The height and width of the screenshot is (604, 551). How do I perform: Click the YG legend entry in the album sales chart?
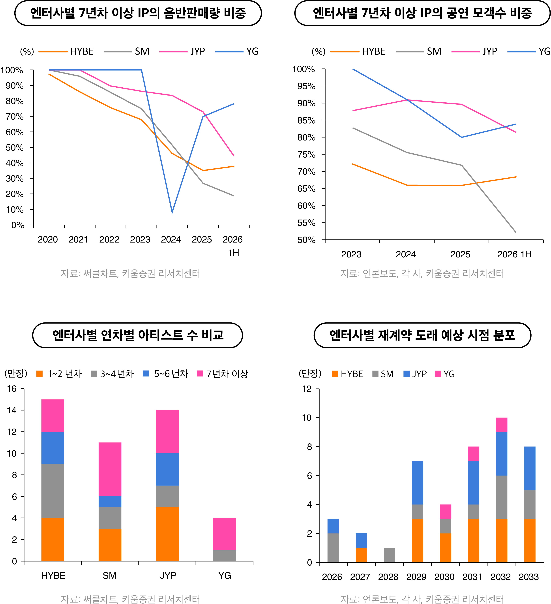point(237,52)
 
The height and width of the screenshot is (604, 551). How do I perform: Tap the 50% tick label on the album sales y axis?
point(14,148)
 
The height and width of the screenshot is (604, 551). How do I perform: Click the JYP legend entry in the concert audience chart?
point(474,52)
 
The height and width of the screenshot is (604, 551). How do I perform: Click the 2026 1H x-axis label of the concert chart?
point(514,254)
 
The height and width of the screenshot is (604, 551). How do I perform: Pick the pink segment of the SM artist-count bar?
point(110,469)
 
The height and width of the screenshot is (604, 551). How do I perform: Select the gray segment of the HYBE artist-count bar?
point(53,491)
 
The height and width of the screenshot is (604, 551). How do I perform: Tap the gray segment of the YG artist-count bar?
point(224,556)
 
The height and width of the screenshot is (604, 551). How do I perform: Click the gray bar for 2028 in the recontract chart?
point(389,555)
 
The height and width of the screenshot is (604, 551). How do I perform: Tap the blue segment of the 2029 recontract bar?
point(417,483)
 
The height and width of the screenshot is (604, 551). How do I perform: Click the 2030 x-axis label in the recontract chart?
point(444,577)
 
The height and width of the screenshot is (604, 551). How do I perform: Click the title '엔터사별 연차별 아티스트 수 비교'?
point(138,335)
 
